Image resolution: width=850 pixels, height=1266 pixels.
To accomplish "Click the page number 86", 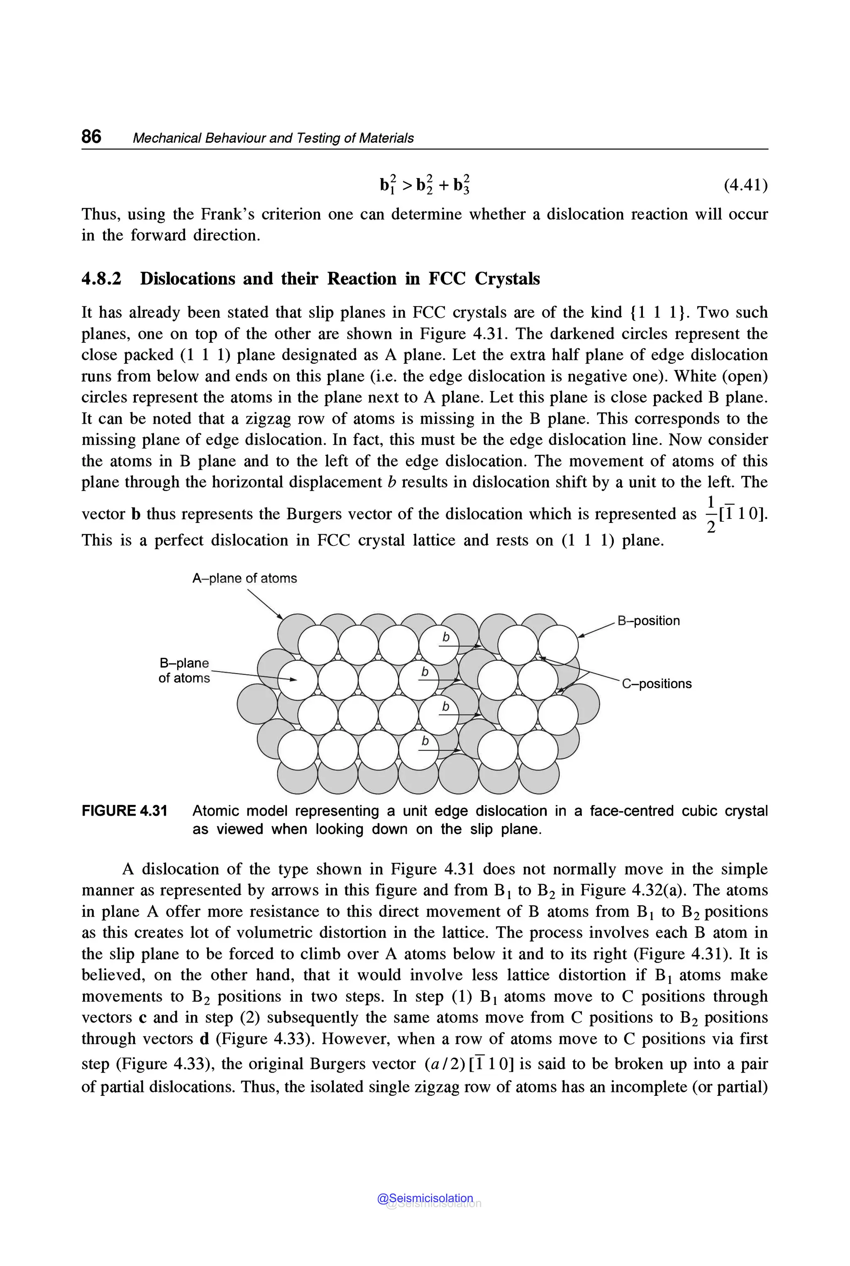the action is coord(91,136).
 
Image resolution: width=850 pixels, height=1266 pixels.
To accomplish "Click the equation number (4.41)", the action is coord(745,186).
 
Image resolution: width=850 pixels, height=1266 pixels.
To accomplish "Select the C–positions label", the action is coord(657,683).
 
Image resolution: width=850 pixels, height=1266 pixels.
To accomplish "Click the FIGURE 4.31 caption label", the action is coord(124,811).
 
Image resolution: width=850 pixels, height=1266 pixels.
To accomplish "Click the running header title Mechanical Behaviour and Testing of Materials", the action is coord(273,138).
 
